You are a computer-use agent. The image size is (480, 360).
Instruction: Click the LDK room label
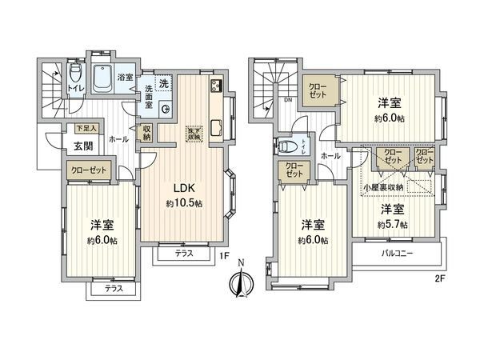[184, 189]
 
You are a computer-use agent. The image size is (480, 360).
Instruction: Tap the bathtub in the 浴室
[102, 78]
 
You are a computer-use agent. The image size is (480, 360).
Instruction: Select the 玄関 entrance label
[83, 146]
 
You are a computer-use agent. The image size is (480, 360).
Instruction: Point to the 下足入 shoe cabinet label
[86, 128]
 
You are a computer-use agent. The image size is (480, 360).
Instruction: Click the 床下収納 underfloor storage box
[194, 134]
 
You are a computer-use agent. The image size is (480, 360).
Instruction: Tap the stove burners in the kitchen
[216, 86]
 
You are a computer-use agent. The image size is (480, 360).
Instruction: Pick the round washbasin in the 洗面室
[165, 110]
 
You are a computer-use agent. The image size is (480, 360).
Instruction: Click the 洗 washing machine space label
[162, 83]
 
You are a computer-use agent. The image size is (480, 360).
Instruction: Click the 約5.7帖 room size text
[392, 224]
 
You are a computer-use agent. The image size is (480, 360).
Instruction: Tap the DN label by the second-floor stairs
[287, 102]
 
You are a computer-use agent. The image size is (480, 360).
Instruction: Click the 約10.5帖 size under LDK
[184, 204]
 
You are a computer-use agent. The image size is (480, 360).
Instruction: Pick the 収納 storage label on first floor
[147, 133]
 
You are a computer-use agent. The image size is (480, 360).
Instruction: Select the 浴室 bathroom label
[126, 77]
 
